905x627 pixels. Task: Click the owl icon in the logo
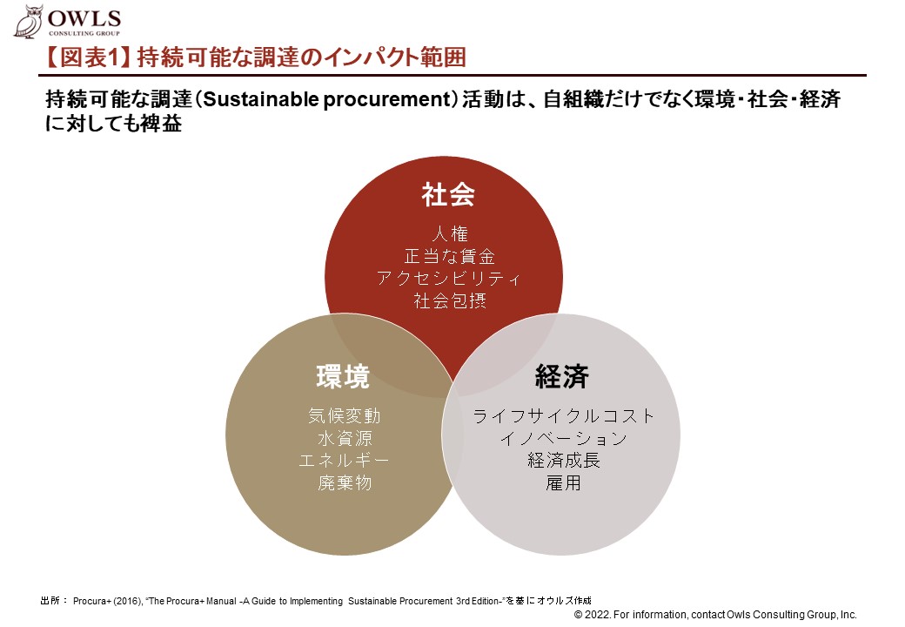pos(29,22)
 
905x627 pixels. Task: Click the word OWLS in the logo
pos(84,18)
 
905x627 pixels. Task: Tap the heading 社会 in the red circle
pos(448,194)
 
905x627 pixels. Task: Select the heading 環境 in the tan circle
pos(343,376)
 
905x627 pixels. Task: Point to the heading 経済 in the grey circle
pos(561,376)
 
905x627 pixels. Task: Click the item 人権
pos(450,234)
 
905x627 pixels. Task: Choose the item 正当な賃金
pos(450,256)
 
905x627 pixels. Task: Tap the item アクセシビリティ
pos(448,279)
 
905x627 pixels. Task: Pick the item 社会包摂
pos(450,300)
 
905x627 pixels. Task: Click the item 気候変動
pos(344,415)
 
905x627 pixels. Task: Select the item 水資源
pos(345,438)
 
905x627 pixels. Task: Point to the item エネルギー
pos(344,460)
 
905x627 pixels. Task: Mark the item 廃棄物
pos(345,482)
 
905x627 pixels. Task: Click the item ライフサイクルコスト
pos(563,415)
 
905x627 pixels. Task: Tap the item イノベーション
pos(563,438)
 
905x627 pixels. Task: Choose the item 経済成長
pos(563,460)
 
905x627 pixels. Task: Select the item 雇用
pos(563,482)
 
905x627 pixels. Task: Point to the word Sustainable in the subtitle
pos(261,99)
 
